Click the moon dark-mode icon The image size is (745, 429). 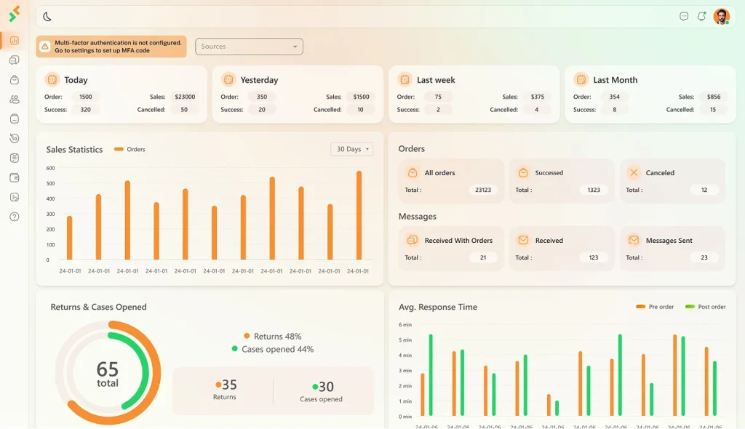click(x=47, y=17)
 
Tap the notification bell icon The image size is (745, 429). click(x=701, y=17)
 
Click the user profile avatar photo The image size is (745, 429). click(x=721, y=17)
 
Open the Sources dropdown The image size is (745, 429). click(x=249, y=47)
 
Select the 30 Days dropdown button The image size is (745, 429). click(x=352, y=149)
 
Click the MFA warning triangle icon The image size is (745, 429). click(x=44, y=47)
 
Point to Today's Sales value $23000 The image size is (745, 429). click(x=185, y=97)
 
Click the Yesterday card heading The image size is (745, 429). click(x=259, y=80)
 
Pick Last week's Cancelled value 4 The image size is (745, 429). click(x=536, y=109)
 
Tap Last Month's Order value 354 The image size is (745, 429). click(x=614, y=97)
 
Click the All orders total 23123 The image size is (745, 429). click(x=483, y=190)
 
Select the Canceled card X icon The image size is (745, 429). click(x=634, y=172)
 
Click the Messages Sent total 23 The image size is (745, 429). click(x=704, y=257)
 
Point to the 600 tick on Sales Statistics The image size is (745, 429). click(x=50, y=168)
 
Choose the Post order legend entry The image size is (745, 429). click(x=706, y=307)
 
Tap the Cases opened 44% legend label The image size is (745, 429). click(x=273, y=349)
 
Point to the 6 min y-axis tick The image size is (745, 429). click(x=405, y=324)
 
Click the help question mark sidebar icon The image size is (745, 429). click(x=15, y=217)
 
